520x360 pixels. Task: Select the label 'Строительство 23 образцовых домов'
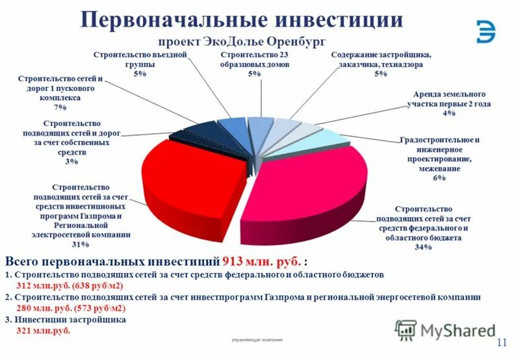[254, 60]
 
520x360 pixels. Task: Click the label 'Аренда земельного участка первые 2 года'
[448, 99]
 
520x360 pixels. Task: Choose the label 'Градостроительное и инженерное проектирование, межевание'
[439, 154]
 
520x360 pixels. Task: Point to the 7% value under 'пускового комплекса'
[60, 107]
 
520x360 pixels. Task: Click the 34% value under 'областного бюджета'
[423, 247]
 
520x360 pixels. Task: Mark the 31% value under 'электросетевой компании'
[81, 244]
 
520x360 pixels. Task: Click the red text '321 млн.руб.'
[42, 330]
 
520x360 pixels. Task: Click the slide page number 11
[502, 342]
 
